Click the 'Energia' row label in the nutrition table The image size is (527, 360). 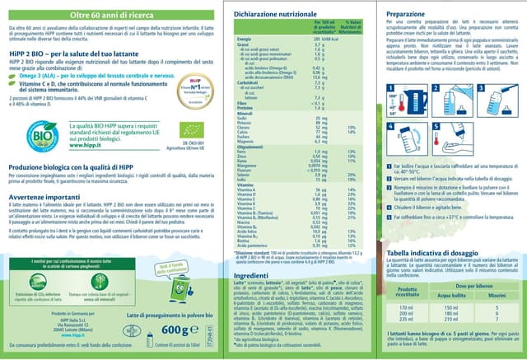245,39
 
